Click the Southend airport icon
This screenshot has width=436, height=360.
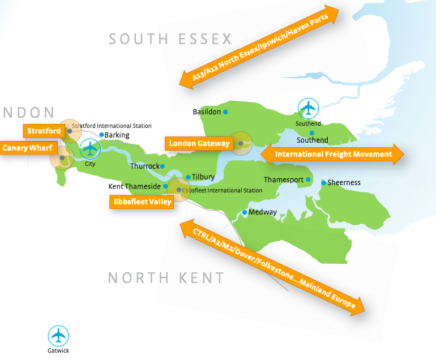click(309, 107)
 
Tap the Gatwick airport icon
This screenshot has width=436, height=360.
click(58, 336)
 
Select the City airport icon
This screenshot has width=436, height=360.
click(89, 149)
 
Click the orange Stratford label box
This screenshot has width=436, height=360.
click(44, 131)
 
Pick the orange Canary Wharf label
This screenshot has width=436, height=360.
click(27, 148)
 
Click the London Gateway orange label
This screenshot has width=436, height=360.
click(199, 143)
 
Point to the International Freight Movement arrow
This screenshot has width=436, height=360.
click(333, 154)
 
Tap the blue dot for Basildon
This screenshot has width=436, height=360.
click(225, 112)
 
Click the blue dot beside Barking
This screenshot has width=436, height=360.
click(101, 135)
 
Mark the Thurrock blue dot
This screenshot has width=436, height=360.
click(163, 166)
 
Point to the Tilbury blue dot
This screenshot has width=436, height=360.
click(188, 177)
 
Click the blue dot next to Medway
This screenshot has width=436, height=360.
click(245, 213)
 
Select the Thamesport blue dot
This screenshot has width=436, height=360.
click(309, 180)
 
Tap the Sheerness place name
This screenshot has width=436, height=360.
click(344, 182)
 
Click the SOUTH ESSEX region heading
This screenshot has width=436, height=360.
click(170, 38)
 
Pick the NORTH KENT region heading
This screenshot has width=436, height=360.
click(166, 277)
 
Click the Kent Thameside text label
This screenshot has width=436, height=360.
click(135, 186)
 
